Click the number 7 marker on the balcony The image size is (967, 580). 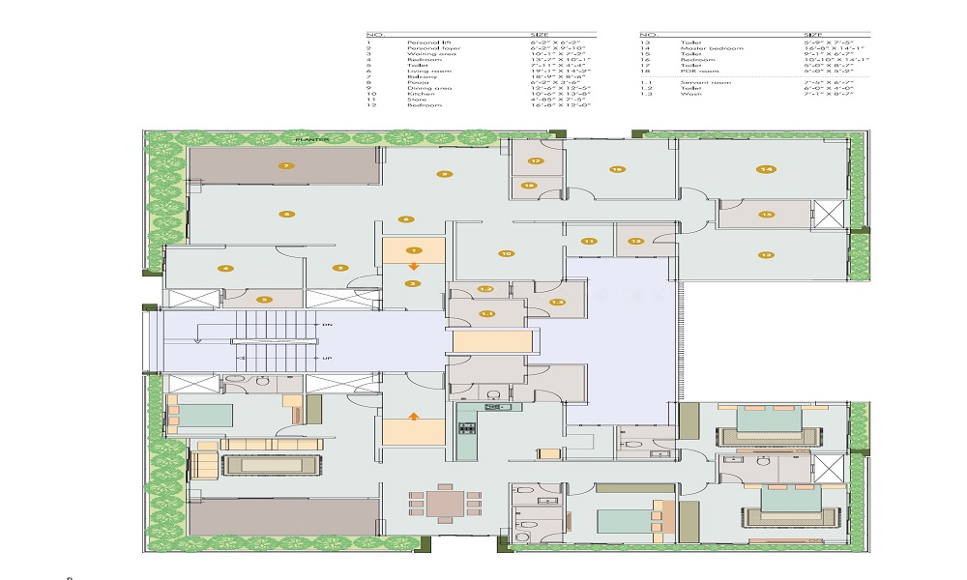[x=285, y=166]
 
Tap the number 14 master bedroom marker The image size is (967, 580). [x=766, y=169]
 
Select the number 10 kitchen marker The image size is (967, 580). [x=505, y=254]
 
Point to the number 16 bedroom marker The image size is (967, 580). [x=616, y=169]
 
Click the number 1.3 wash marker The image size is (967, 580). [x=557, y=303]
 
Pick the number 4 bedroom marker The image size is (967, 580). [x=224, y=268]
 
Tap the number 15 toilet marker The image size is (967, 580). [x=766, y=215]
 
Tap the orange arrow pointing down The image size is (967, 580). [x=413, y=265]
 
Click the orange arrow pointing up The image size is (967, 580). [x=413, y=417]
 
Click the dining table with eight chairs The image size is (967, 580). [x=444, y=503]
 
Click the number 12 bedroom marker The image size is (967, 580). [x=766, y=256]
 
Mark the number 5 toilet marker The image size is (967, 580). [x=261, y=300]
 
